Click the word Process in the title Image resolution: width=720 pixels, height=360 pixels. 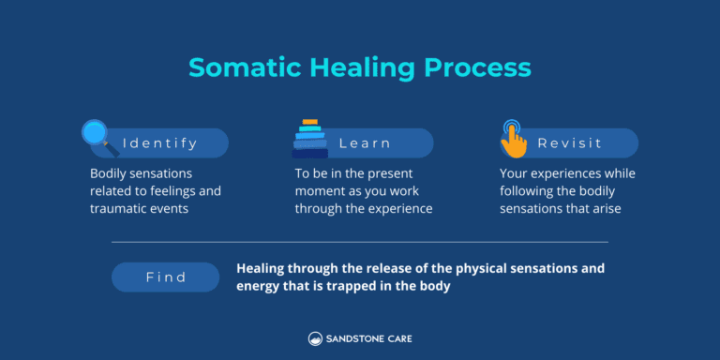[x=481, y=68]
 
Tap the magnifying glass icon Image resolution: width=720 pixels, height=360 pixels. [x=98, y=136]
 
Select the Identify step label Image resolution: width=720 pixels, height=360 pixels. [x=160, y=143]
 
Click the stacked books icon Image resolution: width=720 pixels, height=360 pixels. [x=309, y=139]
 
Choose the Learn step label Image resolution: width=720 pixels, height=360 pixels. [x=365, y=143]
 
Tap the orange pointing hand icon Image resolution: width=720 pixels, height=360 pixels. [x=512, y=138]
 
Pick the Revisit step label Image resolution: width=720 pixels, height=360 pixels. [x=570, y=143]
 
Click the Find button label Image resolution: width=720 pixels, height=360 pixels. [x=166, y=277]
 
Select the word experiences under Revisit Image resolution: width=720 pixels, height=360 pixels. [x=569, y=173]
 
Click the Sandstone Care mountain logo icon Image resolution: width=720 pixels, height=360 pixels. [x=315, y=338]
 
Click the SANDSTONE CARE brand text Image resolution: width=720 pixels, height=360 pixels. [x=368, y=338]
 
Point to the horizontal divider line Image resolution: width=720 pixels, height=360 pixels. [x=360, y=242]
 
